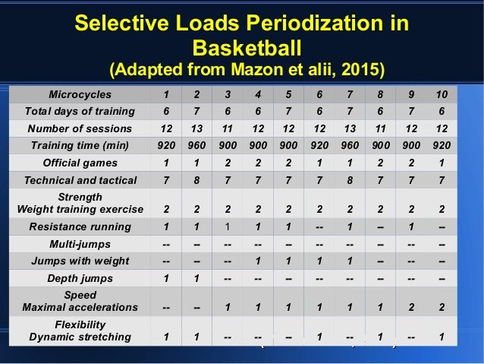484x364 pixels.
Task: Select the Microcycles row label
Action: pos(80,95)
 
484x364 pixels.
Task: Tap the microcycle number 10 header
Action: pos(442,95)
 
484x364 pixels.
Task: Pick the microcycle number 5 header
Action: pos(288,95)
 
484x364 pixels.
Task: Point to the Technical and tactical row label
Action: pos(80,180)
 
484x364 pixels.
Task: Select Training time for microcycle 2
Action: pos(196,145)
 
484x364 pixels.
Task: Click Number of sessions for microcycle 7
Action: pos(350,128)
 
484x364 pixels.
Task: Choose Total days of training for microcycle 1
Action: pos(165,112)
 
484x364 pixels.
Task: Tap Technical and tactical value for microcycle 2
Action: pos(196,180)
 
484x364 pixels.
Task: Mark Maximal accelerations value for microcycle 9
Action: pos(410,307)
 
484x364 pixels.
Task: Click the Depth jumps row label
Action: pos(80,278)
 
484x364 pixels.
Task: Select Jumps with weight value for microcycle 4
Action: pos(258,261)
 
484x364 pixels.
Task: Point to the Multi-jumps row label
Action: pos(80,244)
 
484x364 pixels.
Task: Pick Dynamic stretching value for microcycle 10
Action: pos(442,337)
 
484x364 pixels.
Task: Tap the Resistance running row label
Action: pos(80,226)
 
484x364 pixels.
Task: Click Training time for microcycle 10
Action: pos(442,145)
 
